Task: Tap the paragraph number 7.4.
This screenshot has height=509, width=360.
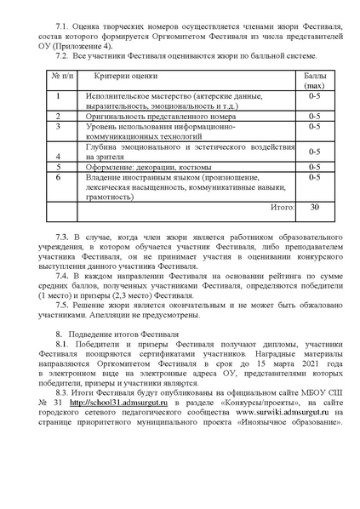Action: (x=60, y=278)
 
